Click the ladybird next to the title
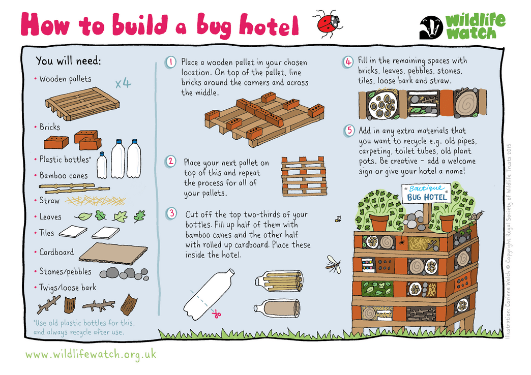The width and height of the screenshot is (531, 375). tap(329, 23)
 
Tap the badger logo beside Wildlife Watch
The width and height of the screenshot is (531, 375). tap(431, 28)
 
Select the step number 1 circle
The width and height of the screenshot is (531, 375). tap(171, 63)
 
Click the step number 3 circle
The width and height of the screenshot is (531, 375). tap(172, 213)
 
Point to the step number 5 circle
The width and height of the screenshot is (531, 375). tap(349, 130)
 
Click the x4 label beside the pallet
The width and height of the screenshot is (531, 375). tap(123, 83)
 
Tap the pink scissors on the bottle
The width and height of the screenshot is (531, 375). tap(216, 315)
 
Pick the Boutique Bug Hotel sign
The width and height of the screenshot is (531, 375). tap(427, 193)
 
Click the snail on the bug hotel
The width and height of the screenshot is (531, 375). tap(478, 215)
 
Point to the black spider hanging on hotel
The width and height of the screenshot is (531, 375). tap(401, 242)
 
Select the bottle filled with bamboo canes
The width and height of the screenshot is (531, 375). tap(278, 280)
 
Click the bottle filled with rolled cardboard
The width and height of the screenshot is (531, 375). tap(277, 308)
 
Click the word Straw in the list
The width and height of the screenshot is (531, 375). tap(49, 201)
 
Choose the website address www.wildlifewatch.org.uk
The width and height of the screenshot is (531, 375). tap(91, 354)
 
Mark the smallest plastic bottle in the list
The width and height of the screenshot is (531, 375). tap(102, 165)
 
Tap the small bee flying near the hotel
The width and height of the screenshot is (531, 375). tap(338, 220)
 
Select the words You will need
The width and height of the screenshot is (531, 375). tap(68, 61)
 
